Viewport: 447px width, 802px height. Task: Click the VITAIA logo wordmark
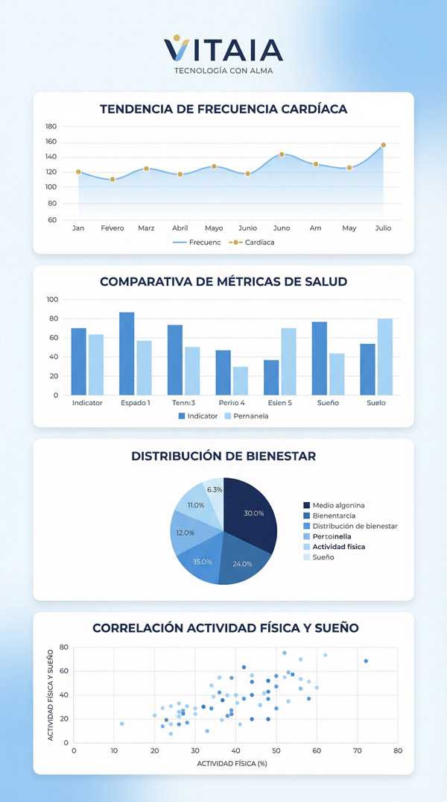[x=223, y=49]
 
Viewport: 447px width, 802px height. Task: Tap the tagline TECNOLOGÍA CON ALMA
[x=223, y=72]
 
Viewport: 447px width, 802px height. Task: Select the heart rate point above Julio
[x=383, y=145]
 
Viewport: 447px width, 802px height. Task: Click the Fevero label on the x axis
[x=112, y=228]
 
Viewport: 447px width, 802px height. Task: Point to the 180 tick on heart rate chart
[x=51, y=126]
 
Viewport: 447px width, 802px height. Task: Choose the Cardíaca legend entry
[x=249, y=242]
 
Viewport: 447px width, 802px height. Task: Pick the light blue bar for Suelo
[x=384, y=357]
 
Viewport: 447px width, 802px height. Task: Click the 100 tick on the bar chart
[x=52, y=299]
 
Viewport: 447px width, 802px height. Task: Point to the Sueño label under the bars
[x=328, y=403]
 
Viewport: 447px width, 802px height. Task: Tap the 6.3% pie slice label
[x=215, y=489]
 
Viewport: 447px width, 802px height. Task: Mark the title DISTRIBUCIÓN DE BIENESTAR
[x=223, y=455]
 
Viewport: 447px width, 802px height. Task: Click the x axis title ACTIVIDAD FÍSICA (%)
[x=232, y=763]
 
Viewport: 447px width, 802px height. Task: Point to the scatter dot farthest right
[x=366, y=661]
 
